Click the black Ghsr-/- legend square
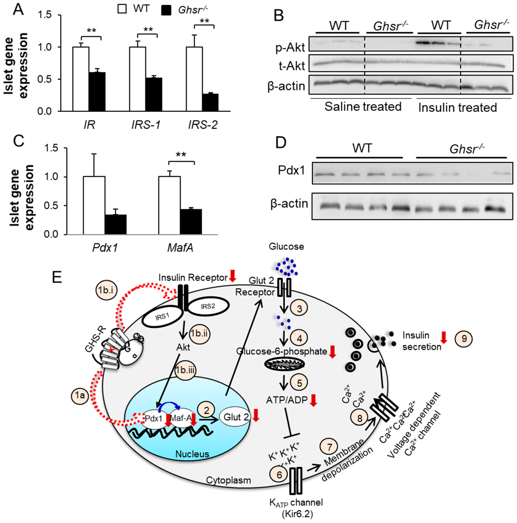pos(166,10)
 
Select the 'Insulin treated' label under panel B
pos(457,108)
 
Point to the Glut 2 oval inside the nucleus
pos(235,417)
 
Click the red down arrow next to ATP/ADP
pos(313,400)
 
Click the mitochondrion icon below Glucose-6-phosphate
pos(284,364)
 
